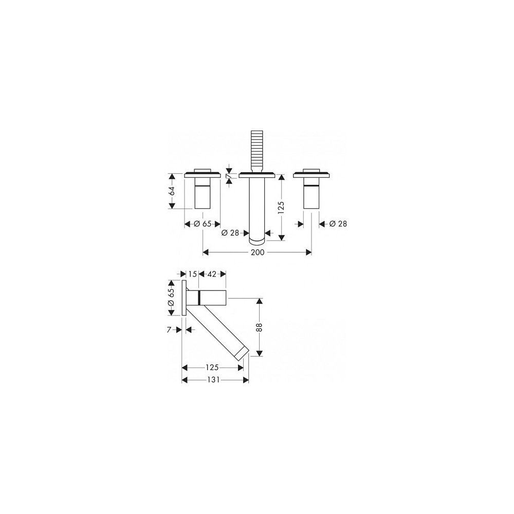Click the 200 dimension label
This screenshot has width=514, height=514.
(258, 252)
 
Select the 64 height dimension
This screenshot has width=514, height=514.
(172, 191)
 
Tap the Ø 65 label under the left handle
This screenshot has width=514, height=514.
(202, 224)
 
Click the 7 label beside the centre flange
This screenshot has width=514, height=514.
(229, 176)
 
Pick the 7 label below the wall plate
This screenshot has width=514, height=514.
(169, 330)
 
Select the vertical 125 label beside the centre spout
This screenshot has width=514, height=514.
(281, 208)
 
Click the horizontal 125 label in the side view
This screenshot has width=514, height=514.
(212, 368)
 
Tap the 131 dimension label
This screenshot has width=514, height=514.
(213, 380)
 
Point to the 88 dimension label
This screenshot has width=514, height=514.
(259, 327)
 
